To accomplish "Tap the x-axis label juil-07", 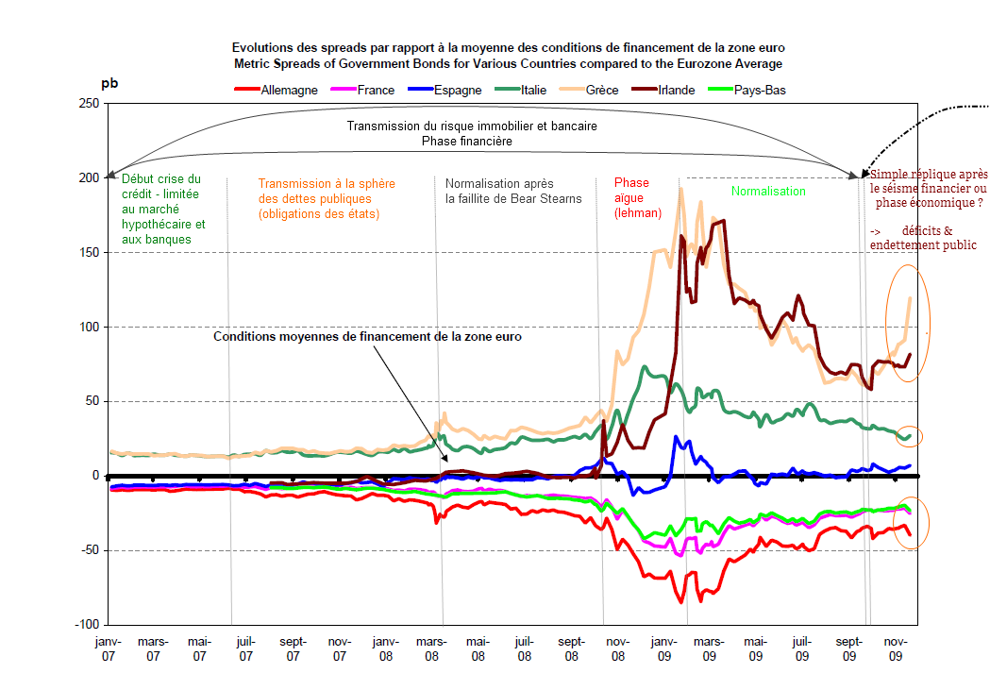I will pyautogui.click(x=244, y=648).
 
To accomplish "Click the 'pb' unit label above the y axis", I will pyautogui.click(x=109, y=83).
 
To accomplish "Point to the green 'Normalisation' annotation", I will pyautogui.click(x=768, y=192).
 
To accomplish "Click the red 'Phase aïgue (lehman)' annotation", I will pyautogui.click(x=631, y=198).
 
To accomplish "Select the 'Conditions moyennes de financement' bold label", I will pyautogui.click(x=367, y=336).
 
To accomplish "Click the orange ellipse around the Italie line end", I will pyautogui.click(x=909, y=436).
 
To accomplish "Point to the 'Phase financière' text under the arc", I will pyautogui.click(x=466, y=141).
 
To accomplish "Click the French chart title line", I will pyautogui.click(x=508, y=46).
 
